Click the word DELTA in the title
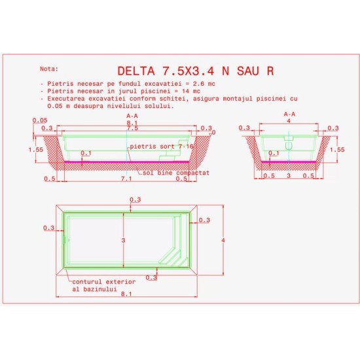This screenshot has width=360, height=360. (136, 71)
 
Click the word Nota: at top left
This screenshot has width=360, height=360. (49, 69)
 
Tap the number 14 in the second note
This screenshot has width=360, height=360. (185, 92)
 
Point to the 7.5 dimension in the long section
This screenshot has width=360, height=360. (132, 128)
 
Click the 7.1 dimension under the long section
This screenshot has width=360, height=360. (126, 179)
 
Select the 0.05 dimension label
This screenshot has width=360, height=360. (40, 120)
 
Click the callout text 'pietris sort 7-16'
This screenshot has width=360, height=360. (162, 147)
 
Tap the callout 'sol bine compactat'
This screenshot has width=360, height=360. (176, 173)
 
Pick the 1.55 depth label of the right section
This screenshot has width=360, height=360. (337, 150)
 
